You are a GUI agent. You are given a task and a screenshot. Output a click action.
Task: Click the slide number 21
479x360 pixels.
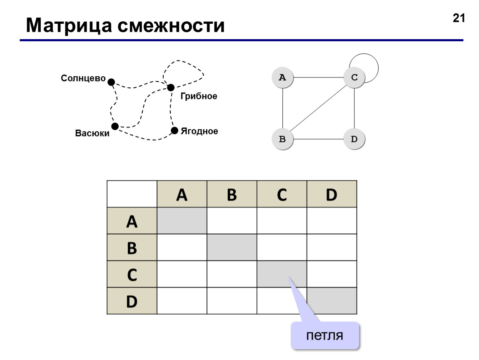click(459, 18)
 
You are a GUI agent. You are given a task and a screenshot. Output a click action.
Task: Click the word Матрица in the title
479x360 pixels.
click(69, 26)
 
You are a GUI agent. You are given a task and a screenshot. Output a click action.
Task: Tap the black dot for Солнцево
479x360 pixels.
click(111, 82)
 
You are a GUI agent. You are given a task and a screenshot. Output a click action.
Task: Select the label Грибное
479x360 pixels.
click(199, 96)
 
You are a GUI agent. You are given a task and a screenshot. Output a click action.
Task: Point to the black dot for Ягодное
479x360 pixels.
click(175, 130)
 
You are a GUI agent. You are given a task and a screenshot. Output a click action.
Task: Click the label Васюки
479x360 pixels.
click(92, 133)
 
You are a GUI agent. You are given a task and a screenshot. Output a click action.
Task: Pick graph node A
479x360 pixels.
click(282, 77)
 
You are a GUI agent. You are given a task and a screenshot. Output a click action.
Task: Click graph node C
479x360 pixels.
click(354, 77)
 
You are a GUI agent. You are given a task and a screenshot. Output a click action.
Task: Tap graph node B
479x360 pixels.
click(282, 139)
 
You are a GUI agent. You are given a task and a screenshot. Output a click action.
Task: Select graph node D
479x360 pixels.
click(354, 139)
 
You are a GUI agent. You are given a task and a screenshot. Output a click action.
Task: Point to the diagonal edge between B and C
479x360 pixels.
click(318, 108)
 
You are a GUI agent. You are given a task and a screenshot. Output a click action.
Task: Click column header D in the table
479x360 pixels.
click(332, 194)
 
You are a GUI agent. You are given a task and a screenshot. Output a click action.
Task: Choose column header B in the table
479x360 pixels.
click(232, 194)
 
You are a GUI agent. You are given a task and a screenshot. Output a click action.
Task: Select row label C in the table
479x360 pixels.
click(132, 274)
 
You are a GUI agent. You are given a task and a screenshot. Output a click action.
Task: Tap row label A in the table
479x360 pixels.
click(132, 221)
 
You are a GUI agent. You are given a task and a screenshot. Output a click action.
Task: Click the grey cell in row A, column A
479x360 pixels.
click(182, 221)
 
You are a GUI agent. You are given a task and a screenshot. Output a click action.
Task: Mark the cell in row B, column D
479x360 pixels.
click(332, 247)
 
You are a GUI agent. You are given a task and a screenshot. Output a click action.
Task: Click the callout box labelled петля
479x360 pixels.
click(325, 335)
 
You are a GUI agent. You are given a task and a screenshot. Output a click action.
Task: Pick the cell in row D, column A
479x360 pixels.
click(182, 301)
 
